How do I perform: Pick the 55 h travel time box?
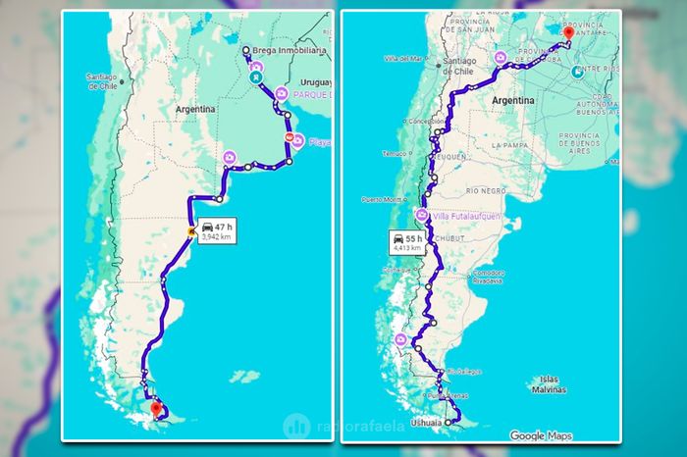point(405,243)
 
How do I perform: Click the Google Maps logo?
point(543,435)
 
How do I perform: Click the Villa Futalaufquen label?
point(464,215)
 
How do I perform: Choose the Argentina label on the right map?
point(512,101)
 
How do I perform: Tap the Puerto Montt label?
point(383,199)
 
